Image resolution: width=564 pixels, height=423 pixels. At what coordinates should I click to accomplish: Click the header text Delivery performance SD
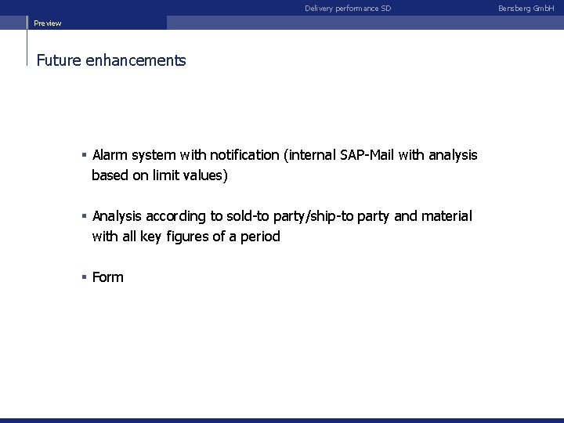coord(347,9)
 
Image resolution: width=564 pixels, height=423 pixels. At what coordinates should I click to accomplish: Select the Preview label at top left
coord(47,23)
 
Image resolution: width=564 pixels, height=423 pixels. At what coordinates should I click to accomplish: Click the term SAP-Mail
coord(367,155)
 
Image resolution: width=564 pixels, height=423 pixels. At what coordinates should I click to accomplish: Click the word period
coord(258,237)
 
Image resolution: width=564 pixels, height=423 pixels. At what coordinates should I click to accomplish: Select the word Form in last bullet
coord(108,277)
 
